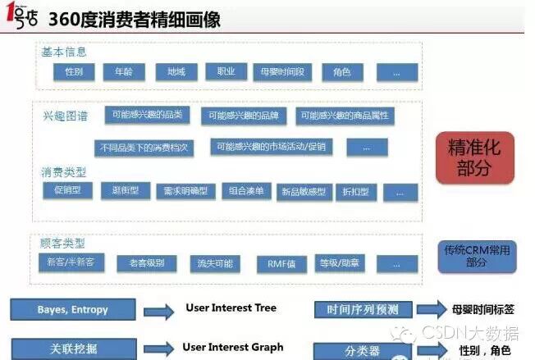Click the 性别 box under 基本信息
tap(74, 72)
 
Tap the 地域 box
tap(176, 72)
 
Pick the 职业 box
tap(226, 72)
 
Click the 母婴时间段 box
tap(281, 72)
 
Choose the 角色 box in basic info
tap(341, 72)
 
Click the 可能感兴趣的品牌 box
tap(244, 116)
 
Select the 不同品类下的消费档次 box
tap(144, 148)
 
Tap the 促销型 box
tap(66, 191)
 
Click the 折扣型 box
tap(358, 192)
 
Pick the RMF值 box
tap(271, 264)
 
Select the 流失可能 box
tap(216, 264)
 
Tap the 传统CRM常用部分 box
tap(476, 255)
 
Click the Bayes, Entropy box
tap(73, 310)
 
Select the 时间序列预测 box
tap(362, 309)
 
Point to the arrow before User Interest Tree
tap(158, 311)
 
